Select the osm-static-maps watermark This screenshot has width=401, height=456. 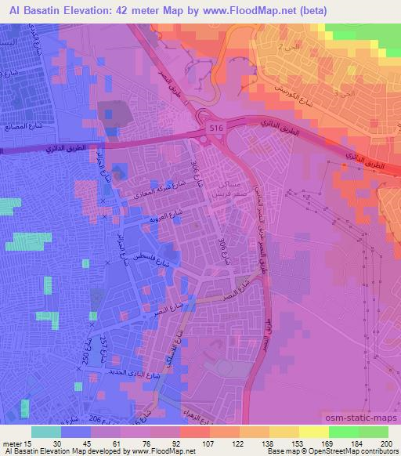click(x=360, y=418)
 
